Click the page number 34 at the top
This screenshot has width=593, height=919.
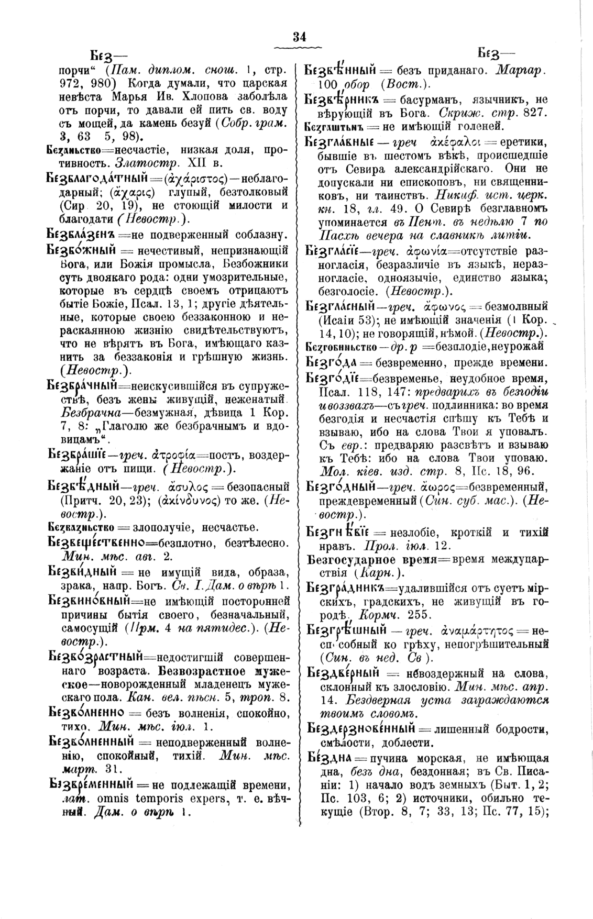click(x=300, y=36)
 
